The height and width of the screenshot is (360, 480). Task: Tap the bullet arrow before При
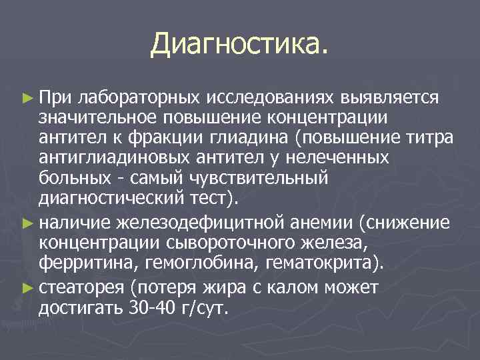click(x=27, y=98)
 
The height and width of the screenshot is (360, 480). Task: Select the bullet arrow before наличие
click(x=27, y=221)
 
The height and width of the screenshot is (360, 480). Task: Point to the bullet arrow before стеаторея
click(x=27, y=289)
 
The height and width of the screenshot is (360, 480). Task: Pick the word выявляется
click(x=389, y=99)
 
